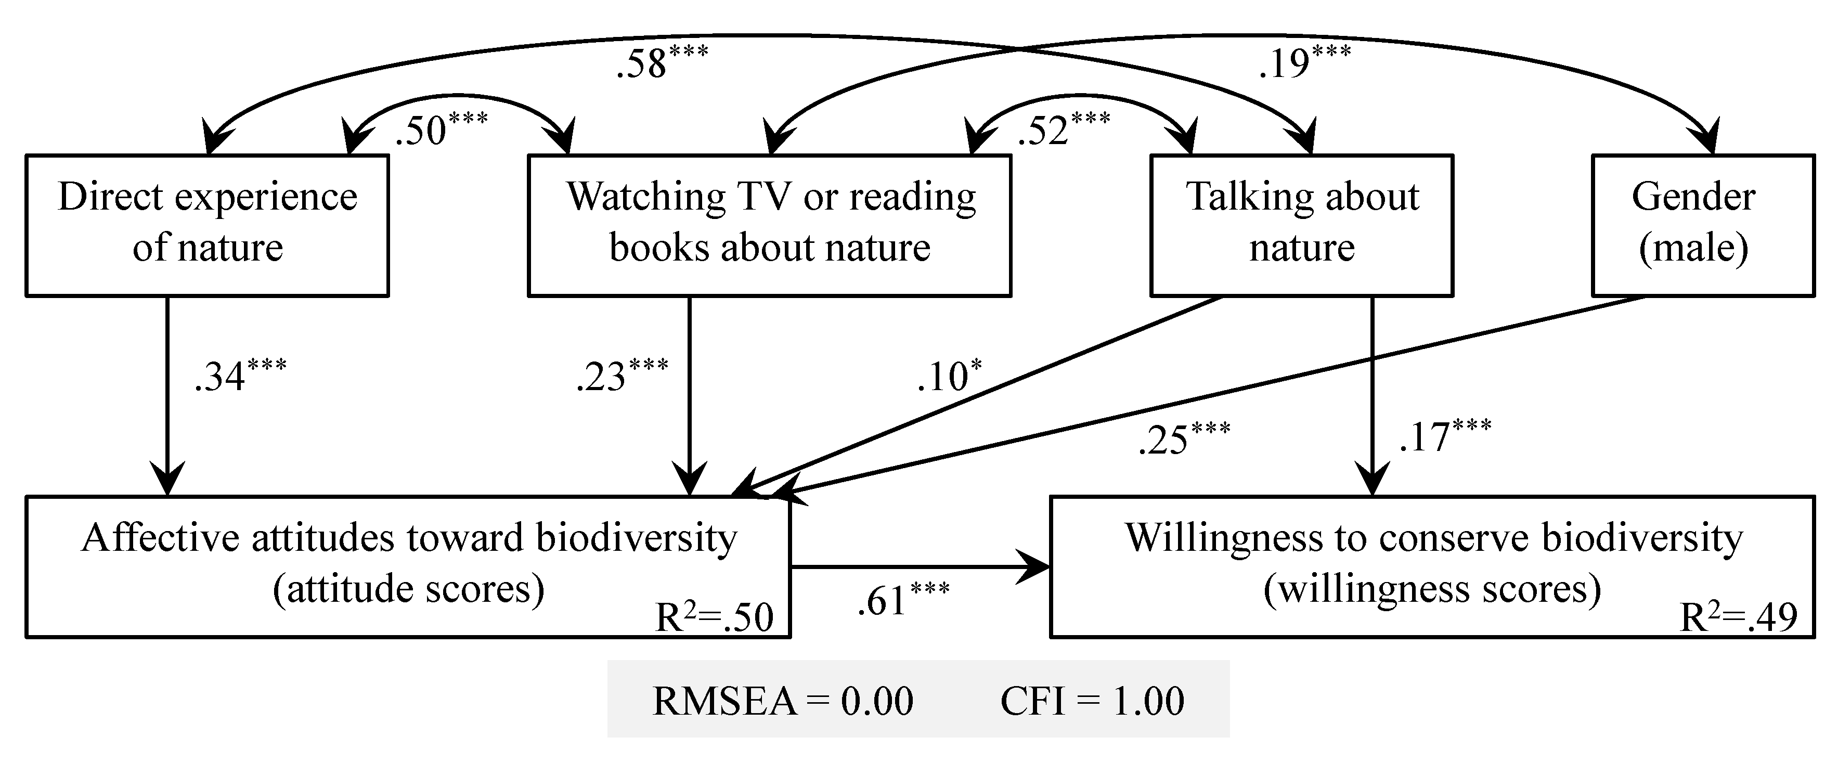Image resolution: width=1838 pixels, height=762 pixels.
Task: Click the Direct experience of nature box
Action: tap(207, 225)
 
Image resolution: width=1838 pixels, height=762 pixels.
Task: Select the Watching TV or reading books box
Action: tap(769, 225)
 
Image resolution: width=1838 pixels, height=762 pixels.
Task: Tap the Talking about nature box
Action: tap(1301, 225)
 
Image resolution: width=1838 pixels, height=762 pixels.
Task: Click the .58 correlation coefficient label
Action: tap(662, 63)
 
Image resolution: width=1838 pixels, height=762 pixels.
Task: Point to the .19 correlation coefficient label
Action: tap(1304, 63)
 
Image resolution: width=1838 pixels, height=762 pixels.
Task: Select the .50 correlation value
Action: tap(441, 130)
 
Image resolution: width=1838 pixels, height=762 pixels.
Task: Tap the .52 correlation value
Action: tap(1064, 130)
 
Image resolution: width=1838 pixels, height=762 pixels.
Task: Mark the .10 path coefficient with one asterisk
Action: tap(949, 376)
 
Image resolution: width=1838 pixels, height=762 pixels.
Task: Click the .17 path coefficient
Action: tap(1445, 436)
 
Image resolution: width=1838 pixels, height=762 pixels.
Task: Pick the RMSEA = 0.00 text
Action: tap(783, 701)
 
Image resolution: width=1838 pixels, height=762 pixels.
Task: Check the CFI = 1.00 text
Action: tap(1092, 701)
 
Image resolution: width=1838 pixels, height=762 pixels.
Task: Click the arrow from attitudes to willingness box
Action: tap(921, 568)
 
